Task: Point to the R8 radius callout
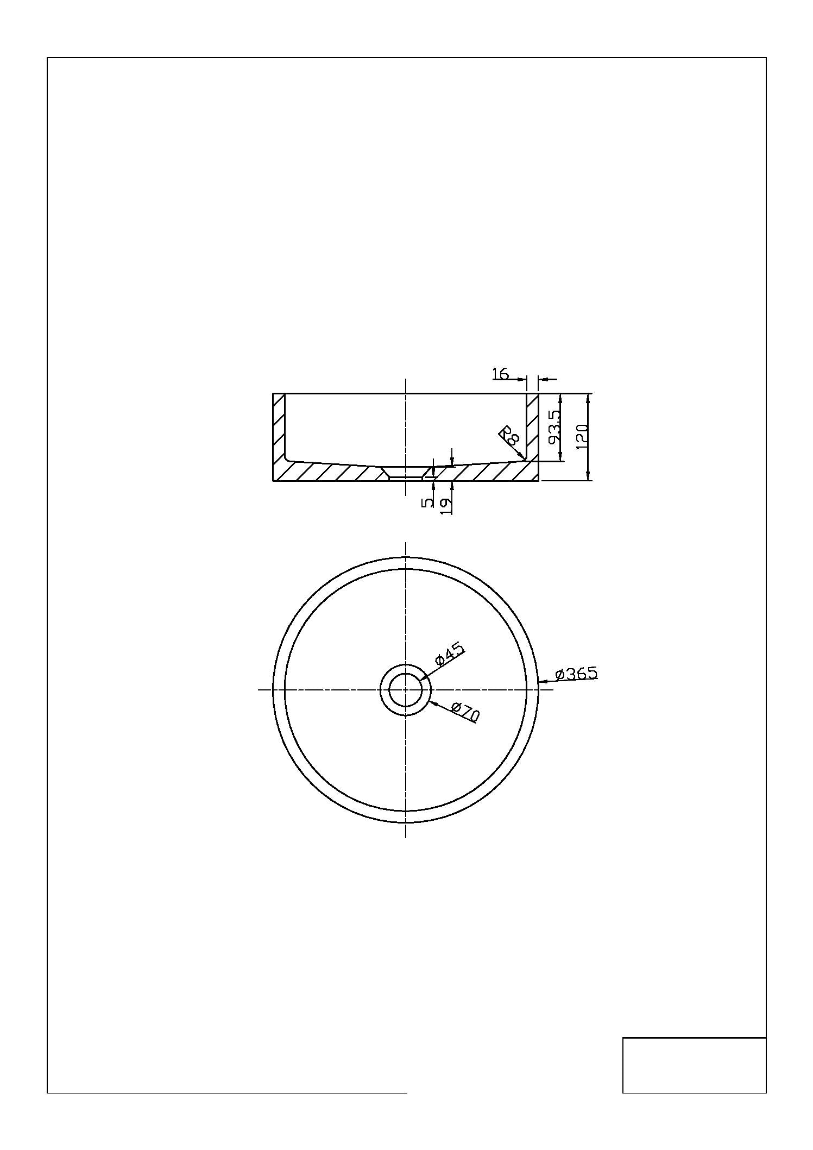point(509,435)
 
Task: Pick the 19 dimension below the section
point(445,505)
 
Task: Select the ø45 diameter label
point(449,653)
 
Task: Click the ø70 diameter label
point(465,712)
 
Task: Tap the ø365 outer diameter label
point(576,673)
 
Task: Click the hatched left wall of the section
point(279,429)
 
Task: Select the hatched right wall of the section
point(532,426)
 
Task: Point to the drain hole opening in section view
point(406,472)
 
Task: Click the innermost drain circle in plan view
point(406,689)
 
